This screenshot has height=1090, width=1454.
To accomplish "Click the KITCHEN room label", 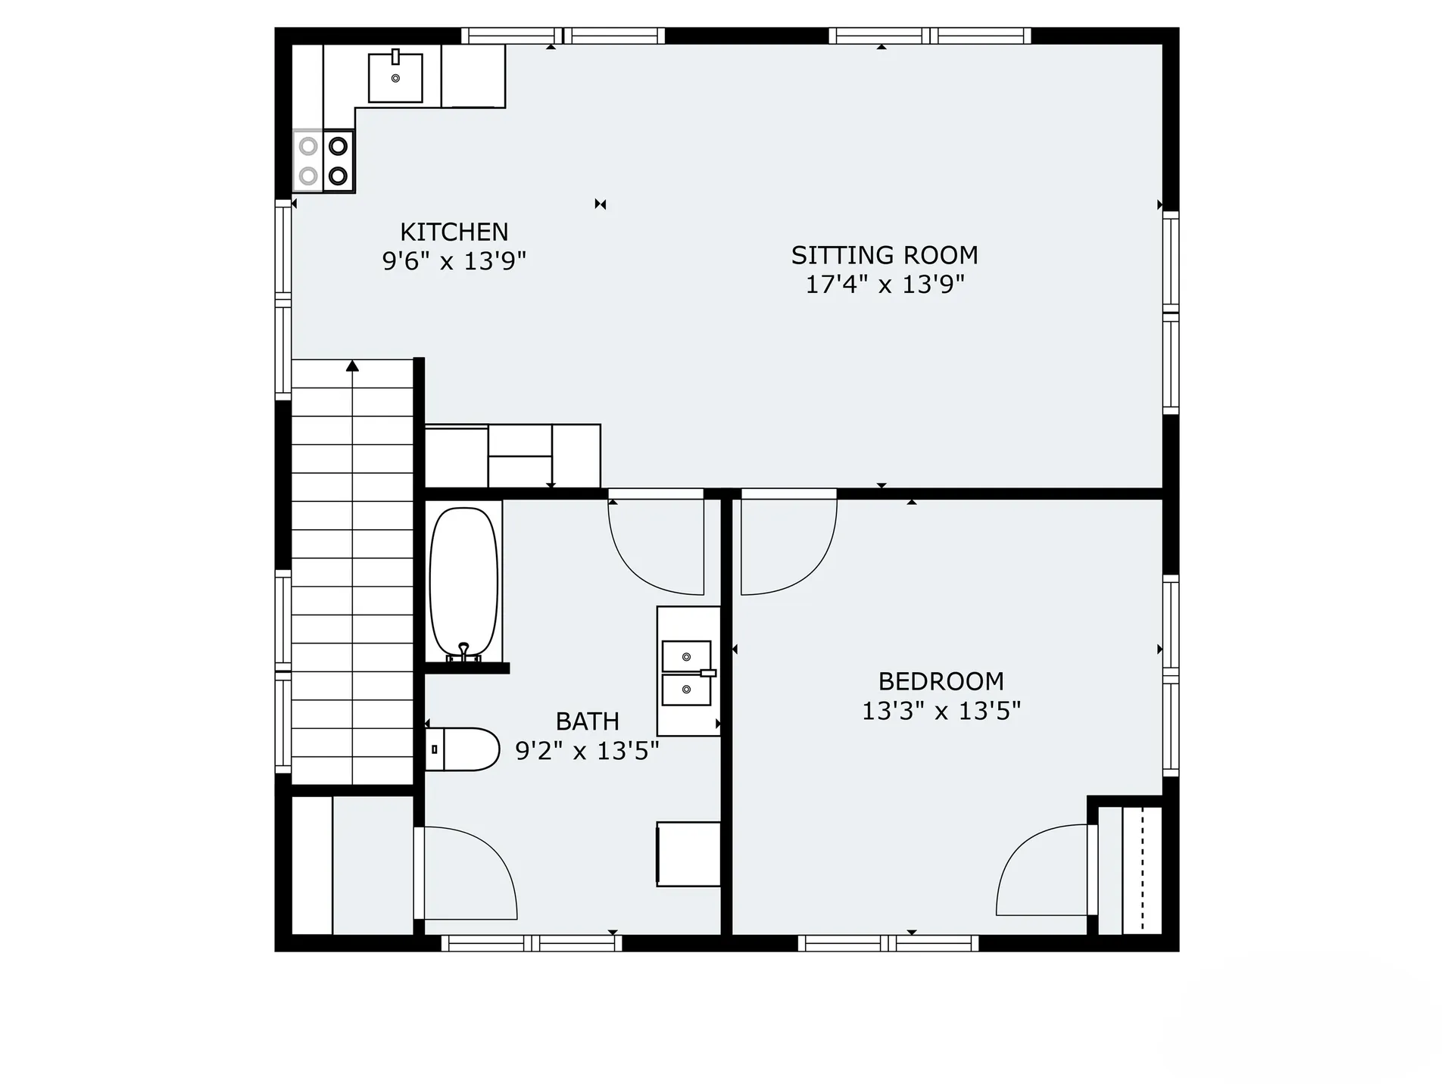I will (x=454, y=232).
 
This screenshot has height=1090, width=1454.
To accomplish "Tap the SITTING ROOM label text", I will (x=885, y=255).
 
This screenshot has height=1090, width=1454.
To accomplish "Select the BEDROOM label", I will (x=941, y=681).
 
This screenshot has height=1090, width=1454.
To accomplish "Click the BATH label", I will (x=587, y=721).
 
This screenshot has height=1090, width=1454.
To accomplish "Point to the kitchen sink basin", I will (x=395, y=77).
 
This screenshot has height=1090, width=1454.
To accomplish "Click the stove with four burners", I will (x=323, y=160).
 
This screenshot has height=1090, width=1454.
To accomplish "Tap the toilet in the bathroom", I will (x=462, y=749).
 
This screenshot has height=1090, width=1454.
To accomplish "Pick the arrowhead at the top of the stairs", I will (x=352, y=366).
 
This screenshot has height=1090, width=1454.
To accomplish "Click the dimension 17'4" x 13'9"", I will (x=885, y=285).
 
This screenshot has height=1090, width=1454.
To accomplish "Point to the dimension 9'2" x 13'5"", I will (x=587, y=751).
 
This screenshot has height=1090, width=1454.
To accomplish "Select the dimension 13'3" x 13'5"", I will (x=941, y=711).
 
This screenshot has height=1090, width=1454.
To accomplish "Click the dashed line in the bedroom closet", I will (x=1142, y=870).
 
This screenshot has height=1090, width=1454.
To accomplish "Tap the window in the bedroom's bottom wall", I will (x=888, y=943).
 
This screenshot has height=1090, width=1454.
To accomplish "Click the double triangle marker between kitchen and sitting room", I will (x=601, y=204).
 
